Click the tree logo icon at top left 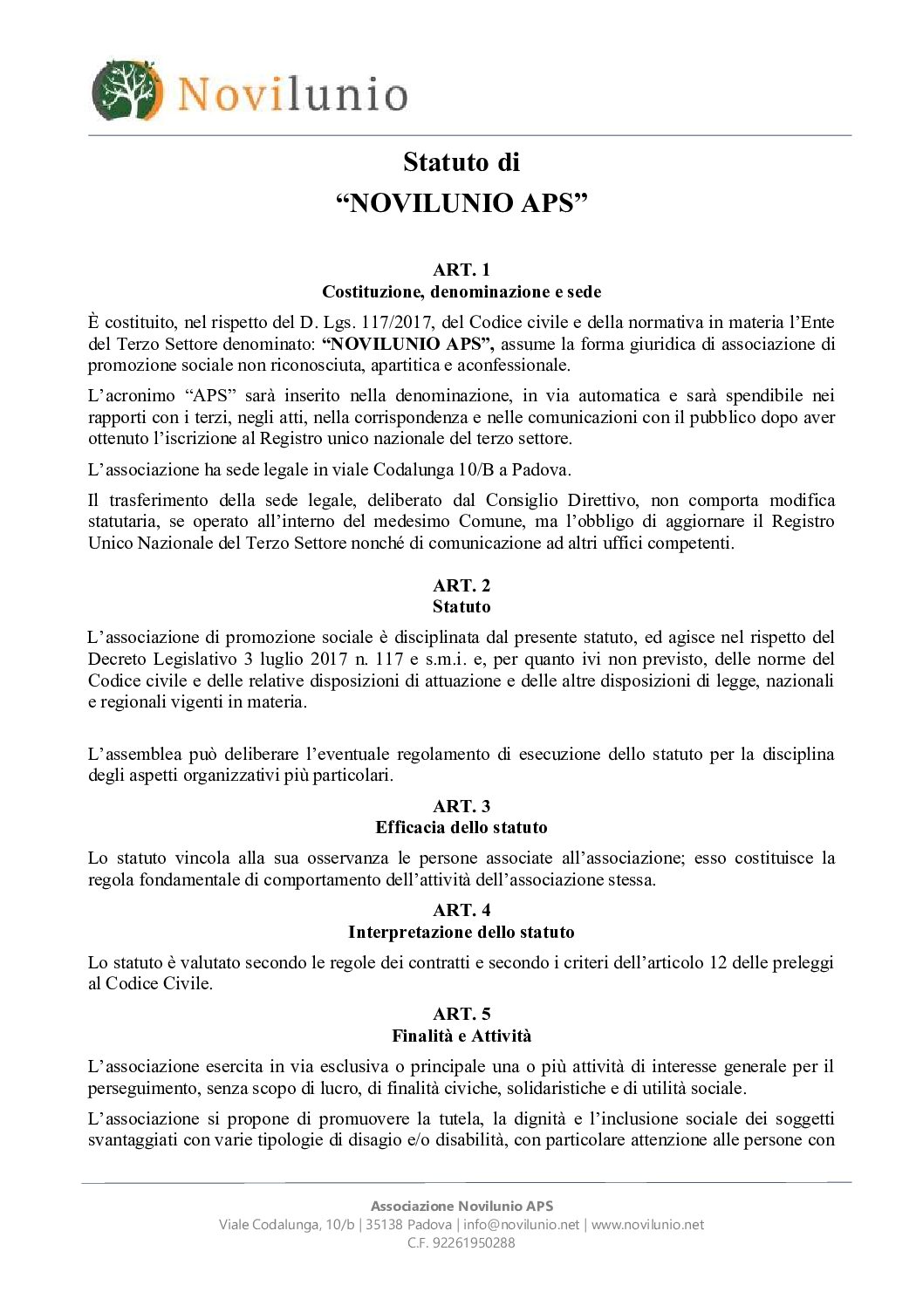coord(127,91)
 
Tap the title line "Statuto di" coord(461,162)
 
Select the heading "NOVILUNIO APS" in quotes coord(461,203)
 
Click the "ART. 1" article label coord(461,270)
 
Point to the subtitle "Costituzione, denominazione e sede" coord(461,291)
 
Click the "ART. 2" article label coord(461,585)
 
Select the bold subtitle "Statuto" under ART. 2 coord(461,606)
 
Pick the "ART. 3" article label coord(461,806)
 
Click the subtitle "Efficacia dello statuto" coord(461,827)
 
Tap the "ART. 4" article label coord(461,910)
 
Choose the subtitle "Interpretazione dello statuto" coord(461,932)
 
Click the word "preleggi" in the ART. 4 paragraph coord(802,962)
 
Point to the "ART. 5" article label coord(461,1014)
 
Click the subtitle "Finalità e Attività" coord(461,1036)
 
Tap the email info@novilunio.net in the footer coord(521,1224)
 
